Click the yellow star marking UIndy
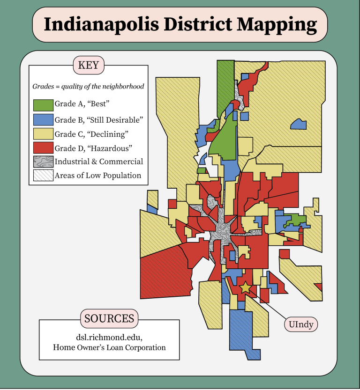(245, 287)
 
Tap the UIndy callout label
(301, 324)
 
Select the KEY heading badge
(89, 65)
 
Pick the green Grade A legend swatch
(43, 104)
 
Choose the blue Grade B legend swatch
(43, 119)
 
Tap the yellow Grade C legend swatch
(43, 133)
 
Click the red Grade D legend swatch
(43, 148)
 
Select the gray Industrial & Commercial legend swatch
(43, 162)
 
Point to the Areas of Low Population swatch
(43, 176)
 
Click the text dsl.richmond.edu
(109, 337)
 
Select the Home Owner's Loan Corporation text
(109, 347)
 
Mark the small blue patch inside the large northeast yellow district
(299, 124)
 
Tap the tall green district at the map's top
(225, 77)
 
